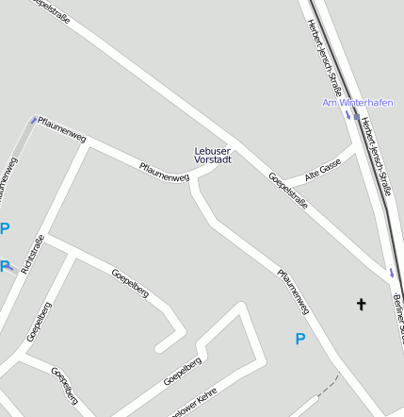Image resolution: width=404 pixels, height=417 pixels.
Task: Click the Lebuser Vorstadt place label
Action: pos(212,156)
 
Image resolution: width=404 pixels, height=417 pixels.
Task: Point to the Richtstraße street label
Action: pos(32,254)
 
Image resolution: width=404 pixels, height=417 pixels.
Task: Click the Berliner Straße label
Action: pos(397,315)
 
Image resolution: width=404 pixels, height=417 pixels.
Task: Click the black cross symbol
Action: pos(360,304)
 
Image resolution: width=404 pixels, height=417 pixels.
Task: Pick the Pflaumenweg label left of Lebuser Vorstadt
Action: pos(164,173)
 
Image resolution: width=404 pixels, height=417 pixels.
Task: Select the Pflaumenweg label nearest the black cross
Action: pos(293,292)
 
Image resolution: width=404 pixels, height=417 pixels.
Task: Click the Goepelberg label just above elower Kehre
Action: pos(183,371)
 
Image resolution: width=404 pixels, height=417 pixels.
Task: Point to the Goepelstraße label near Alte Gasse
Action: pos(288,191)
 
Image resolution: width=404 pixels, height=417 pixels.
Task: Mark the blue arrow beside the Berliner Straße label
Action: pos(392,273)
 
